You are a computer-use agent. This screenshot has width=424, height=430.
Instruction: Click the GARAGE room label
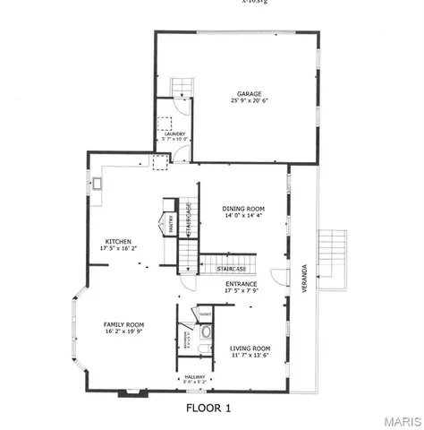click(249, 94)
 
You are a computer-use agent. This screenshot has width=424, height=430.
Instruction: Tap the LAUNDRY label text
click(174, 133)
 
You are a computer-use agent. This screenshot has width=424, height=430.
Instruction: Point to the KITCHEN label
click(119, 242)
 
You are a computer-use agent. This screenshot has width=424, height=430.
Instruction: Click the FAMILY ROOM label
click(123, 324)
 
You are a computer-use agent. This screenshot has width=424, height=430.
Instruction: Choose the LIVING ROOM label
click(250, 348)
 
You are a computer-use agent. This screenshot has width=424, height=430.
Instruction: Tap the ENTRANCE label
click(242, 284)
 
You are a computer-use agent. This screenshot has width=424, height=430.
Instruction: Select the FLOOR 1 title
click(208, 408)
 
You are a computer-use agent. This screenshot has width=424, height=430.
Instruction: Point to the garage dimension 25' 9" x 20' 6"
click(249, 101)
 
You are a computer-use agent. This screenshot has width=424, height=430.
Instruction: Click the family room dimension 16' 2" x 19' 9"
click(123, 331)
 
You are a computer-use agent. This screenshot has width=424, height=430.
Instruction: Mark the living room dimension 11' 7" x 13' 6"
click(250, 355)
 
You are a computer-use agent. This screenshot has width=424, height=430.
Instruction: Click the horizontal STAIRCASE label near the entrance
click(217, 266)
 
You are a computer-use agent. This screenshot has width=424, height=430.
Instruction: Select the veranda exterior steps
click(333, 257)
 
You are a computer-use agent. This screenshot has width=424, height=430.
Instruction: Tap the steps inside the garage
click(182, 85)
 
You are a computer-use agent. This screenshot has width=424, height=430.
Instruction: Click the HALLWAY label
click(194, 377)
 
